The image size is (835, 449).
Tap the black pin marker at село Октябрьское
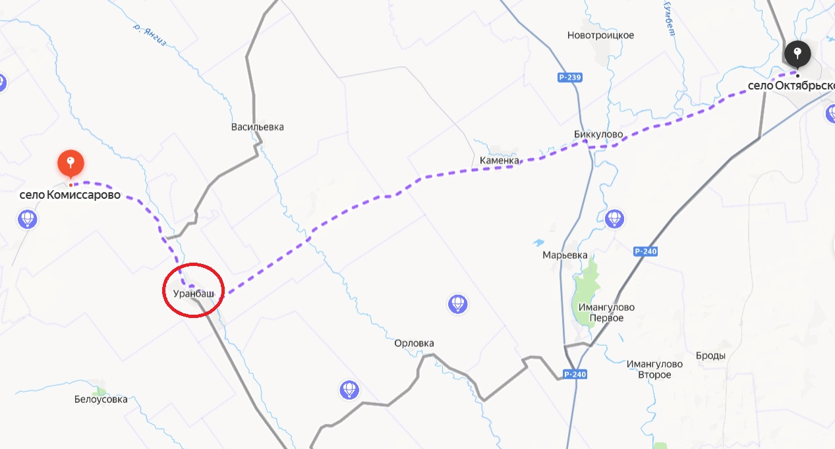coord(797,53)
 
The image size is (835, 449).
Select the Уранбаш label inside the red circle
coord(193,293)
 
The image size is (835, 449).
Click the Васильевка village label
coord(257,126)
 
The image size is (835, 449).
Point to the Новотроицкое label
coord(600,35)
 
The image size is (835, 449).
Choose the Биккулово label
coord(598,134)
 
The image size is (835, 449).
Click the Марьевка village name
coord(564,255)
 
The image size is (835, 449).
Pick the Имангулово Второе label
coord(648,369)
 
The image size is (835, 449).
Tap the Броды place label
coord(710,356)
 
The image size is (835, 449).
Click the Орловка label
coord(414,343)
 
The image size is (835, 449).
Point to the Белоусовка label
coord(101,399)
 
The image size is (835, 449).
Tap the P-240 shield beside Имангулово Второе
coord(575,374)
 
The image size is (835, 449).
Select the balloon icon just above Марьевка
coord(614,218)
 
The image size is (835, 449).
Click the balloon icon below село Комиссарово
coord(28,218)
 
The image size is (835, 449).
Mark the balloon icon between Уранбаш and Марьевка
coord(457,304)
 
